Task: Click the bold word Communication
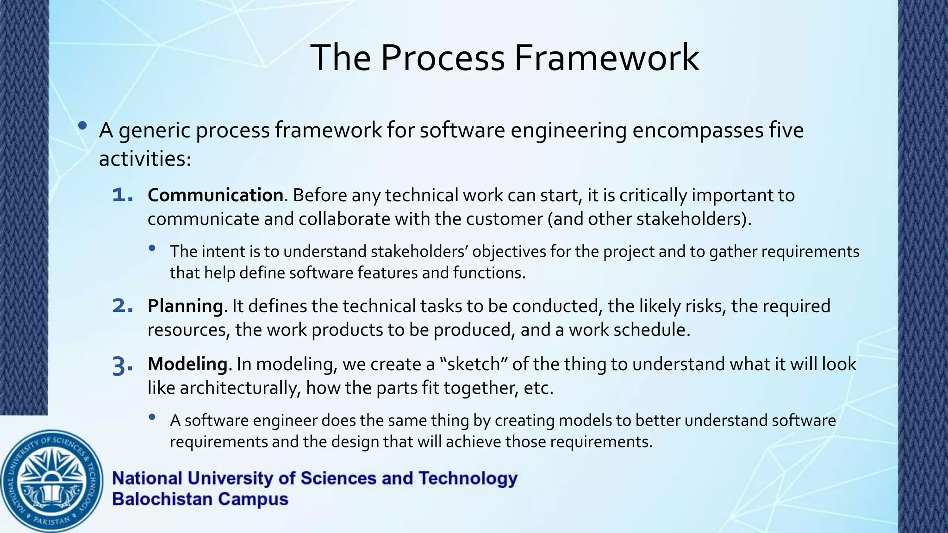(x=215, y=195)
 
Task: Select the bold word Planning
(x=185, y=306)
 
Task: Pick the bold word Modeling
(x=187, y=364)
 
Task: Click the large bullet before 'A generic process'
(x=82, y=125)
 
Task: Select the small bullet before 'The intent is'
(x=152, y=248)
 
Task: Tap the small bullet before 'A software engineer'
(x=152, y=417)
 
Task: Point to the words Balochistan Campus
(x=200, y=499)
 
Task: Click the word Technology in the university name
(x=468, y=478)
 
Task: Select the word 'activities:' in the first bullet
(x=145, y=159)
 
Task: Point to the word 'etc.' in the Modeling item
(x=538, y=388)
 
